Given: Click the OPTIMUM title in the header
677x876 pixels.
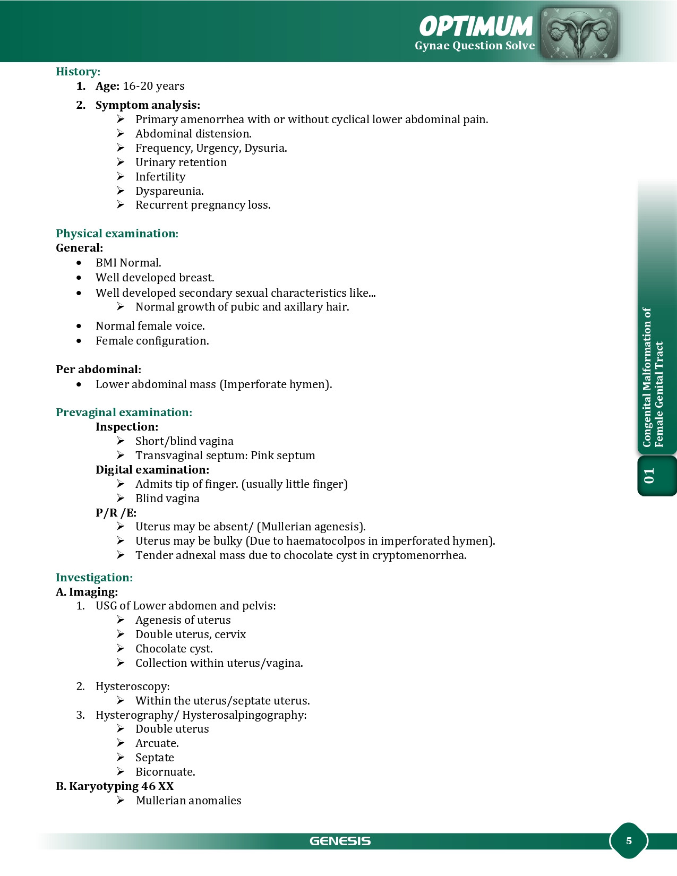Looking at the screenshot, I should (x=476, y=26).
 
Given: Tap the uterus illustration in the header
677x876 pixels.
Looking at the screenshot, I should (x=579, y=33).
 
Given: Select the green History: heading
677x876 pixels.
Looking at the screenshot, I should (x=78, y=72).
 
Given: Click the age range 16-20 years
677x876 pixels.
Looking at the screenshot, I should (x=153, y=86).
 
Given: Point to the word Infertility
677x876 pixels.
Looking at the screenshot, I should (x=160, y=177).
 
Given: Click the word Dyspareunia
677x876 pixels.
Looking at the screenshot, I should (x=169, y=191).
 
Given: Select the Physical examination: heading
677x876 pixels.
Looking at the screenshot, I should (x=117, y=234).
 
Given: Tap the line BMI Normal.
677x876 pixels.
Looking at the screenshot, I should (x=128, y=263).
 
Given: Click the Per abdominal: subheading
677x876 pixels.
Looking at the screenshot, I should (x=98, y=370).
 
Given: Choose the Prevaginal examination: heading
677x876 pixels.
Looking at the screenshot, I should (x=124, y=413).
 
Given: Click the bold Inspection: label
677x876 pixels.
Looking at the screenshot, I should (x=127, y=427).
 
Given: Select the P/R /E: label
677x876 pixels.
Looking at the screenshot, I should (x=116, y=513).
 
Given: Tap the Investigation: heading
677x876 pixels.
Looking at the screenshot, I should (x=94, y=578).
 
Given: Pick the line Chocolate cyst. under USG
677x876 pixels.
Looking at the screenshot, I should (x=174, y=649).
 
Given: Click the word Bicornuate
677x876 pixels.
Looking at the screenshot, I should (x=165, y=772).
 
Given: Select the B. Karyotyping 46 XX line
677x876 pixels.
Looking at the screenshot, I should (x=115, y=786).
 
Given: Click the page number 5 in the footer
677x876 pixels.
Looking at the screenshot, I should (x=629, y=840).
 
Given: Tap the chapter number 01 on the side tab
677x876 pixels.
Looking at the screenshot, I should (x=649, y=476).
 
